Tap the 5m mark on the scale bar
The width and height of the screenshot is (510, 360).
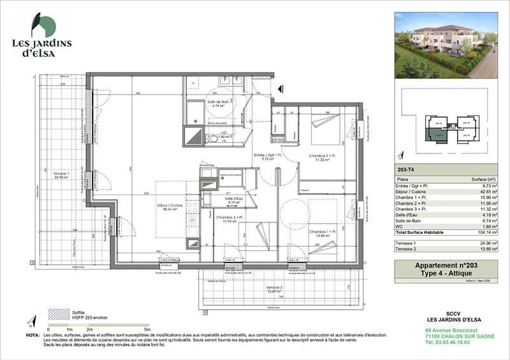[x=147, y=329]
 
